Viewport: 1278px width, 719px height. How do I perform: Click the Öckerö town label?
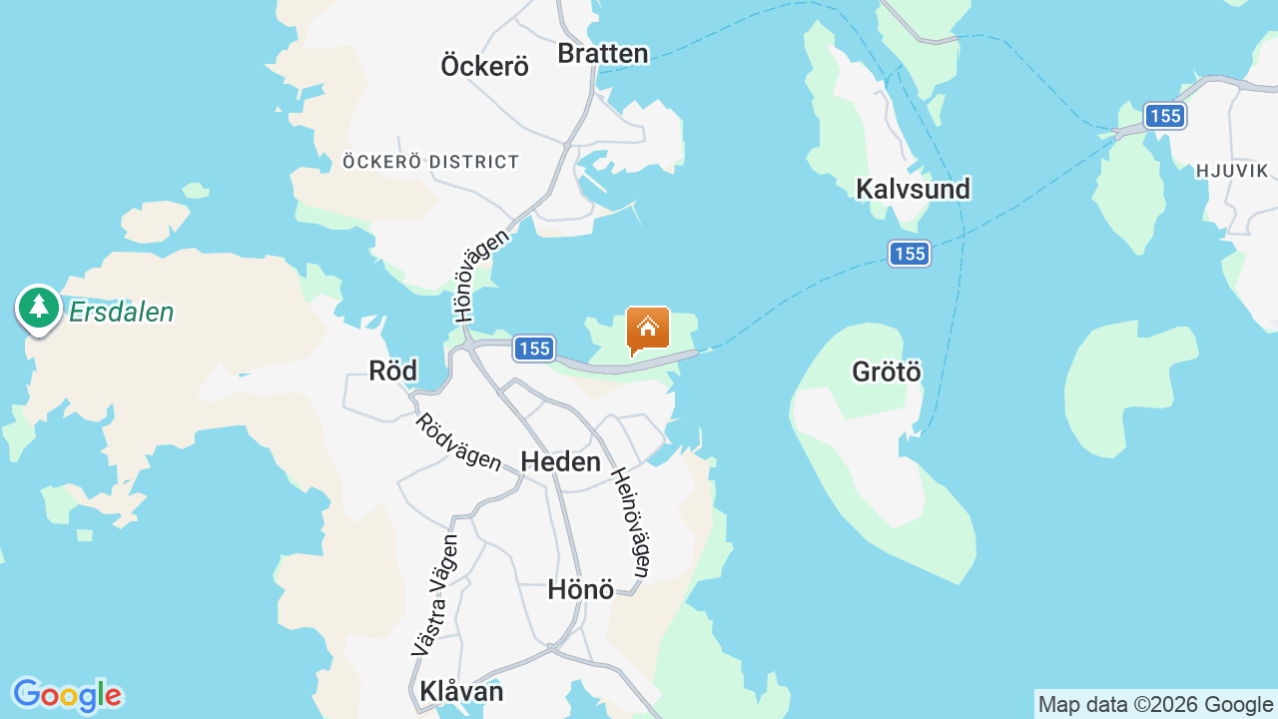coord(484,66)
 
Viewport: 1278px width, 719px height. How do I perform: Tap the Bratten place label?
coord(603,53)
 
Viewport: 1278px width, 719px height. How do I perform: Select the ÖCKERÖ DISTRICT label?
coord(430,162)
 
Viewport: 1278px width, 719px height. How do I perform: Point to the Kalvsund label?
coord(913,189)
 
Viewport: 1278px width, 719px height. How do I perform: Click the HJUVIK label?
coord(1231,171)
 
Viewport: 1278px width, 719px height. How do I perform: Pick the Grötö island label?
coord(887,371)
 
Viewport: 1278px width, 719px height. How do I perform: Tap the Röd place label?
coord(392,370)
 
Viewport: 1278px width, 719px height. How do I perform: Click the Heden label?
coord(560,461)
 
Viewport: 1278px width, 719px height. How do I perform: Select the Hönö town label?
coord(580,589)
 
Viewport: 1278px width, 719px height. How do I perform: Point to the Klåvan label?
coord(461,691)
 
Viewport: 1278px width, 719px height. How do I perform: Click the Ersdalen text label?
coord(121,313)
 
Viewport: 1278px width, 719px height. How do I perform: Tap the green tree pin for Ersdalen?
coord(39,308)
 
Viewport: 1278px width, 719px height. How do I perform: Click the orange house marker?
coord(647,329)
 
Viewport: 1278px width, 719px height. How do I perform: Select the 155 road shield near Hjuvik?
coord(1164,116)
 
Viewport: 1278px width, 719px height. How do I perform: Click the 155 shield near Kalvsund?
coord(910,254)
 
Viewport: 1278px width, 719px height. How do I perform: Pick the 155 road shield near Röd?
coord(534,349)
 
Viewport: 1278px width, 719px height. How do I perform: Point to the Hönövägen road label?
coord(481,276)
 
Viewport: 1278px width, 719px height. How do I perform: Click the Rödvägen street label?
coord(458,441)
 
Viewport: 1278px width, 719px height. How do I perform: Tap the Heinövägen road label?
coord(631,522)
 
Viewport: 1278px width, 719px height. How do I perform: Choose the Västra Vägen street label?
coord(436,596)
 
